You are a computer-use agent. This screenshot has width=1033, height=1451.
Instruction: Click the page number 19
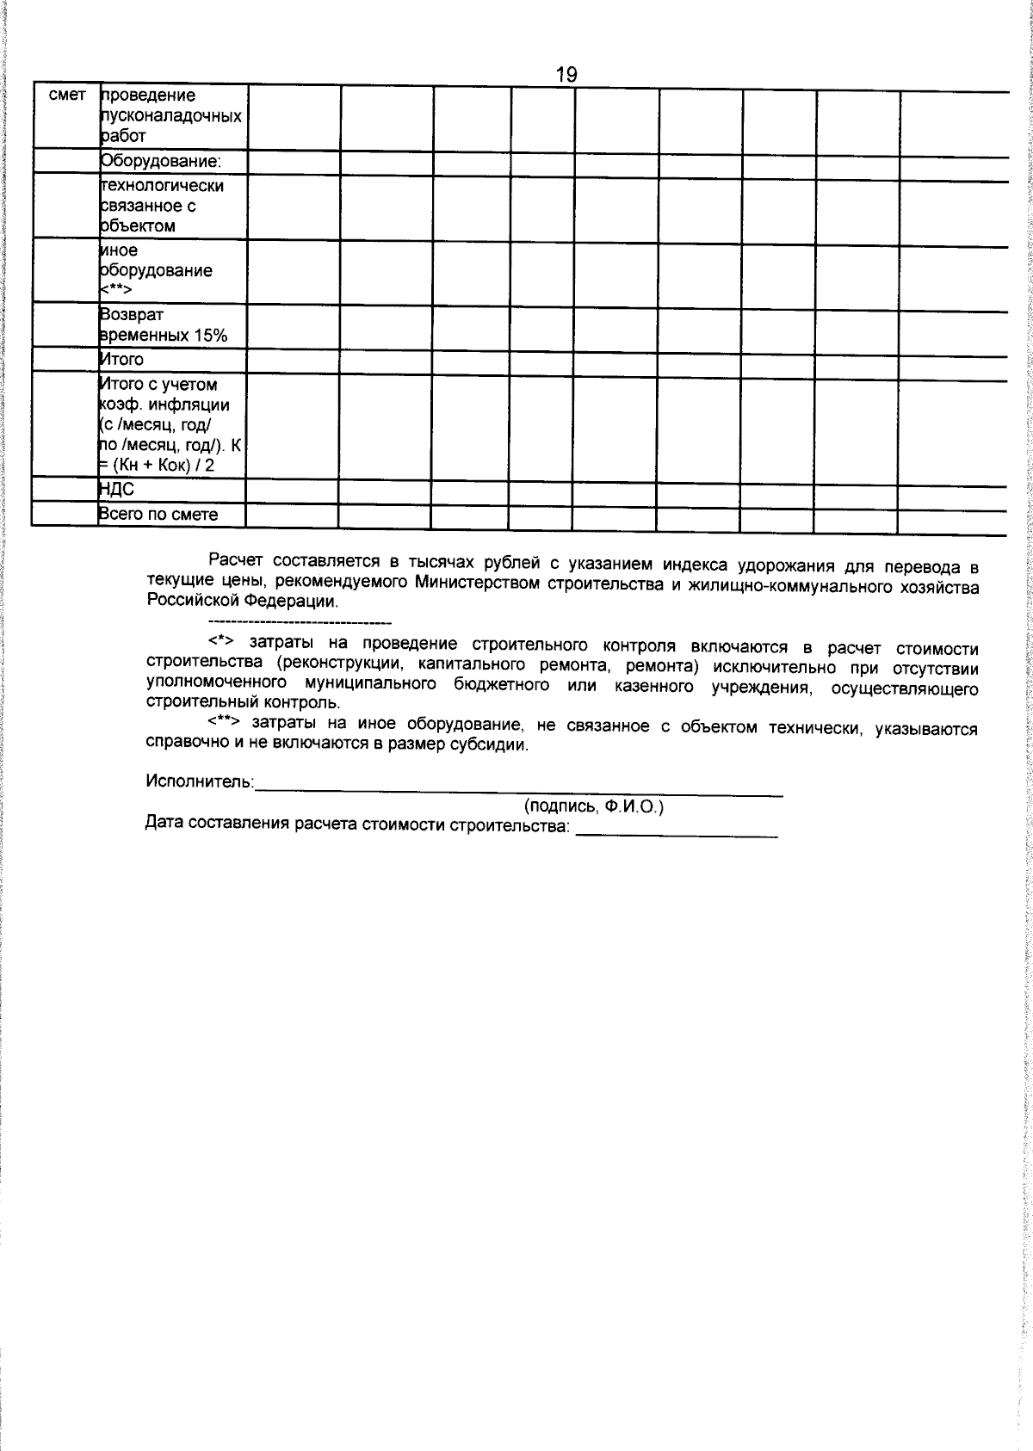[x=566, y=75]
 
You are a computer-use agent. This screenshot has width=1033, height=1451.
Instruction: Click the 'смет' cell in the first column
[x=67, y=96]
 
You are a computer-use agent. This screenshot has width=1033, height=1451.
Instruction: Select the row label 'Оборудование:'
[x=161, y=161]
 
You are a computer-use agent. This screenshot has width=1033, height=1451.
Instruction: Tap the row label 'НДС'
[x=117, y=490]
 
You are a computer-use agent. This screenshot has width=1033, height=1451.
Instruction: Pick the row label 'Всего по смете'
[x=158, y=515]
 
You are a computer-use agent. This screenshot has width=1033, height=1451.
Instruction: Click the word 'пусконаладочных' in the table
[x=171, y=115]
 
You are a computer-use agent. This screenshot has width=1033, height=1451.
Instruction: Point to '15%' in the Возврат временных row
[x=210, y=336]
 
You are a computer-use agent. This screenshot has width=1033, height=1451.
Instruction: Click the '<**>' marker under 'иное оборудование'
[x=115, y=291]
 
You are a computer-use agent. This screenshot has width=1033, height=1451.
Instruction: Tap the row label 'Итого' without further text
[x=122, y=359]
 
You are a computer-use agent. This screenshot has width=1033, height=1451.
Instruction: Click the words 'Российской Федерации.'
[x=244, y=602]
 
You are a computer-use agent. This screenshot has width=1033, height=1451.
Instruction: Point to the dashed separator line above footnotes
[x=300, y=622]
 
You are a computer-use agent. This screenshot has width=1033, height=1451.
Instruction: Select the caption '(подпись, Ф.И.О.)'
[x=594, y=806]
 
